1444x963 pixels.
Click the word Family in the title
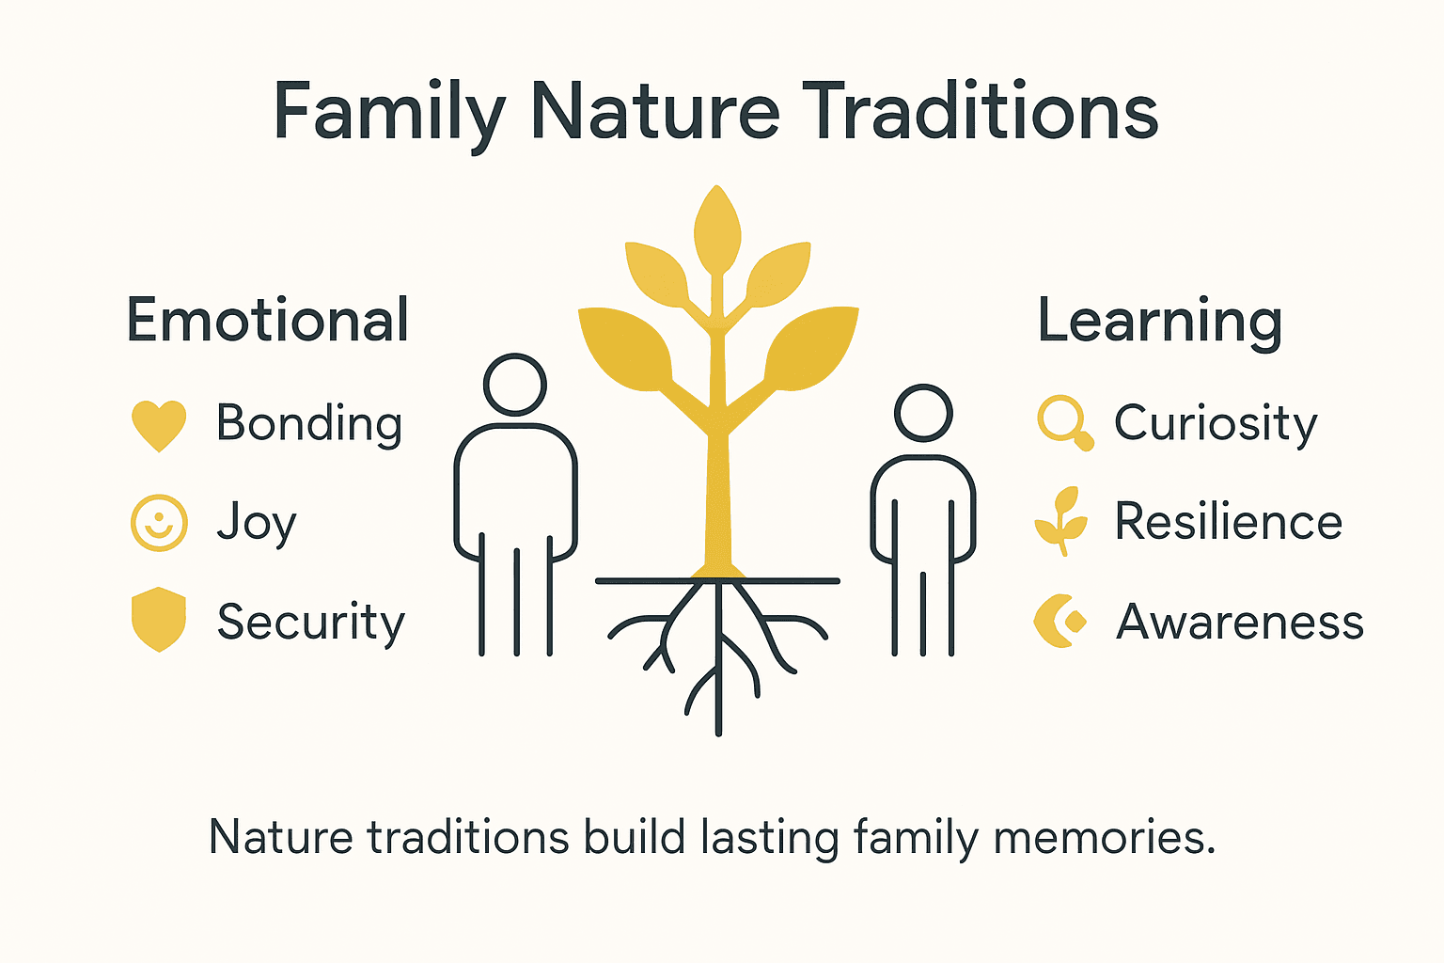pyautogui.click(x=390, y=113)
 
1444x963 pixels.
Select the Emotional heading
pyautogui.click(x=268, y=321)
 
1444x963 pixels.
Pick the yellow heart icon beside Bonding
pyautogui.click(x=159, y=425)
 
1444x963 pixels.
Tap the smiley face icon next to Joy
pyautogui.click(x=159, y=523)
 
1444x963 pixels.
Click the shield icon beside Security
pyautogui.click(x=159, y=620)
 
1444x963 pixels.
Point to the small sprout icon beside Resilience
pyautogui.click(x=1060, y=520)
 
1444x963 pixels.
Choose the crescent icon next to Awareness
pyautogui.click(x=1059, y=621)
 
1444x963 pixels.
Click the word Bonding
pyautogui.click(x=309, y=424)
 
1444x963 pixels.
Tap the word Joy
pyautogui.click(x=256, y=523)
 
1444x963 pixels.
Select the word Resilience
pyautogui.click(x=1228, y=522)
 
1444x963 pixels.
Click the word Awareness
pyautogui.click(x=1239, y=622)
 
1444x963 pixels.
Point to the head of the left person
pyautogui.click(x=514, y=385)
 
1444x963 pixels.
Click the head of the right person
pyautogui.click(x=923, y=413)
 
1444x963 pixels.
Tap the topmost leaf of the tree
pyautogui.click(x=717, y=229)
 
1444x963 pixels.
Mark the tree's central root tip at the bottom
pyautogui.click(x=718, y=728)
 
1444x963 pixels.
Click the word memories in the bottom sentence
pyautogui.click(x=1104, y=837)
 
